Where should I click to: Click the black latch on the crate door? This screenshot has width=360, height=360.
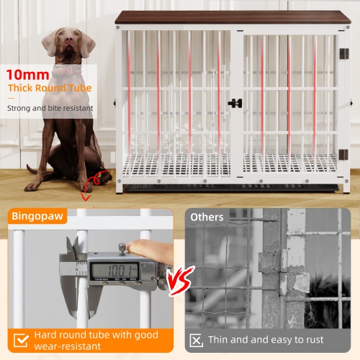(235, 103)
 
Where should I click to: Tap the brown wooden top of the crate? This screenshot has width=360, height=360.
(232, 17)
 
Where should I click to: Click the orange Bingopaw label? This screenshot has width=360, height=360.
(37, 216)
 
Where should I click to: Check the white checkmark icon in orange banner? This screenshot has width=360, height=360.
(22, 338)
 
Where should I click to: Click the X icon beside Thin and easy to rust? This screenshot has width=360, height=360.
(196, 340)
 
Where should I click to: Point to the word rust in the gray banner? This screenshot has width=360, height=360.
(312, 340)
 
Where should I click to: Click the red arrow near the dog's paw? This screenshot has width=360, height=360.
(89, 188)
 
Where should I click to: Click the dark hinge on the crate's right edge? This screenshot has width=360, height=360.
(343, 54)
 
